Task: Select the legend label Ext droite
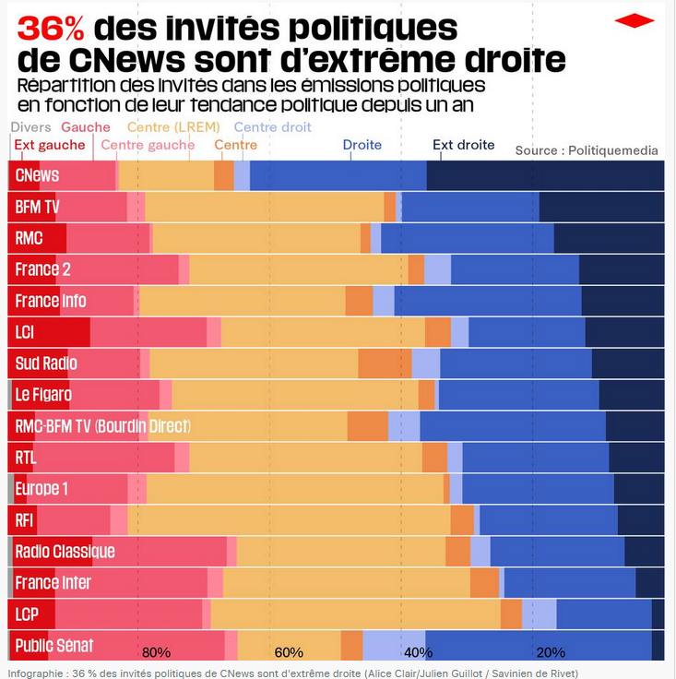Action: pos(463,145)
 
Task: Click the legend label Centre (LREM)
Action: pos(173,127)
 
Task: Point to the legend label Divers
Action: pos(30,127)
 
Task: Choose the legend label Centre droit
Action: pos(272,127)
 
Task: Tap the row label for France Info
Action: pos(51,301)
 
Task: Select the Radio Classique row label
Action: pos(65,552)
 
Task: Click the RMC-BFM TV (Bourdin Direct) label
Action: pos(102,426)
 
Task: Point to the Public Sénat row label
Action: pos(54,645)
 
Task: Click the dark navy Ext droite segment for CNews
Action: pos(544,175)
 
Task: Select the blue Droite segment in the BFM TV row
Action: pos(470,207)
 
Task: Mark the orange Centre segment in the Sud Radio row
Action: pos(385,363)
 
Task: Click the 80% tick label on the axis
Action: pos(156,652)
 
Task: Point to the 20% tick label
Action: pos(551,652)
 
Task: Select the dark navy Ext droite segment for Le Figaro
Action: pos(631,395)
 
